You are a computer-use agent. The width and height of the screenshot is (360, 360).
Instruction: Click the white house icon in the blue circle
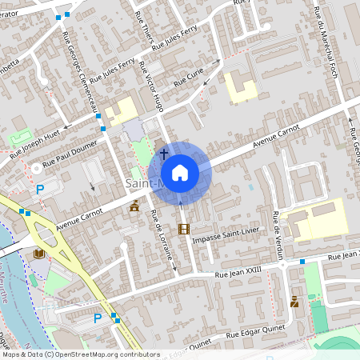pos(180,172)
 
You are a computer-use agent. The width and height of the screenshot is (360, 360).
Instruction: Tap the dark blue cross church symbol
pos(164,153)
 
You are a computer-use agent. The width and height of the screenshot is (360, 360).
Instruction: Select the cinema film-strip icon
pos(185,230)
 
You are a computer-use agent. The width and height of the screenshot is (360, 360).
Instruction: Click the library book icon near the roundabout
pos(38,254)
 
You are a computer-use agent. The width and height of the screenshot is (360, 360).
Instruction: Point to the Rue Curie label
pos(190,77)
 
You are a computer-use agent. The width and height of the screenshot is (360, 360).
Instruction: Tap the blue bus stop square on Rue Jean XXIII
pos(302,262)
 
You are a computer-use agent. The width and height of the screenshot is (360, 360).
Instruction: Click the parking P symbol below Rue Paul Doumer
pos(40,190)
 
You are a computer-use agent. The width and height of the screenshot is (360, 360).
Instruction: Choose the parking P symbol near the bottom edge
pos(98,318)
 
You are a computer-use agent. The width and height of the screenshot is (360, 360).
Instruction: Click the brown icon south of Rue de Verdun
pos(295,302)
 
